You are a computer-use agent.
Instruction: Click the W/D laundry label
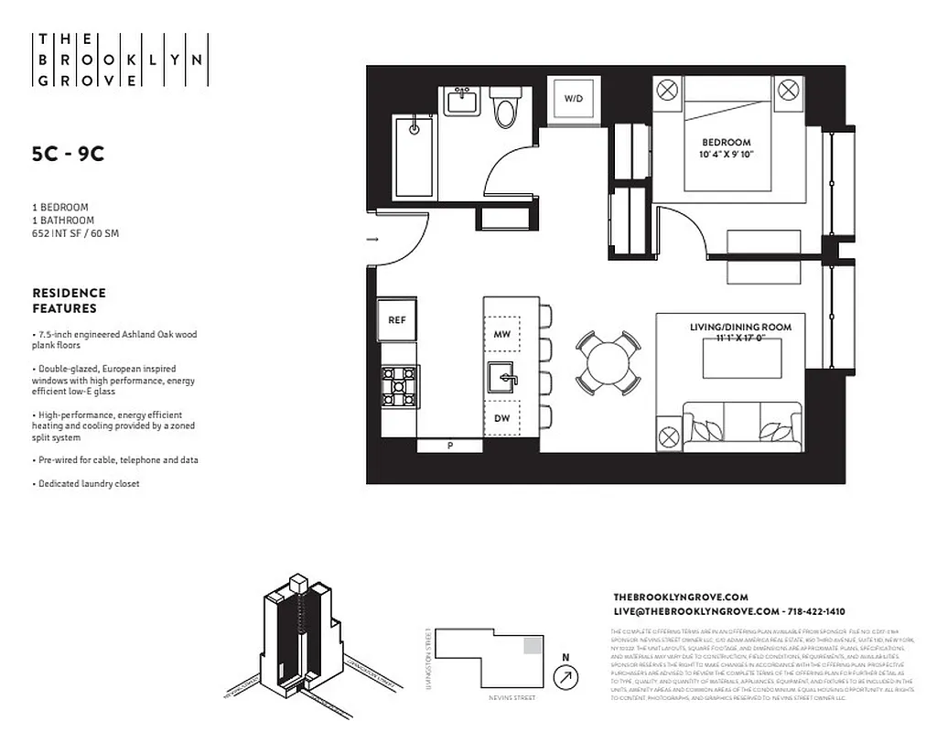573,98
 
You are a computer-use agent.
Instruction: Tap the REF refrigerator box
396,320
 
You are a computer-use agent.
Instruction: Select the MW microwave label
501,335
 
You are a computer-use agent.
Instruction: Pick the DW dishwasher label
501,418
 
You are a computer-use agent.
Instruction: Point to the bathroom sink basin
463,102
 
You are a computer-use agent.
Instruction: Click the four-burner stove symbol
400,386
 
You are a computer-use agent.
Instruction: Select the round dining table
608,361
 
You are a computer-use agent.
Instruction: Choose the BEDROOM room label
727,143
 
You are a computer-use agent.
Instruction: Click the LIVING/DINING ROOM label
740,327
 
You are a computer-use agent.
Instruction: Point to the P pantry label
449,446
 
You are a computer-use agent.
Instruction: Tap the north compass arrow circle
566,677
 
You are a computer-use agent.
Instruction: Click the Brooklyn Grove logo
120,60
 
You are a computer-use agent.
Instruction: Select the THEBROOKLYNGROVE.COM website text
681,597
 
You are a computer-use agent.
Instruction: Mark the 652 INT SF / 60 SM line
75,233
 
